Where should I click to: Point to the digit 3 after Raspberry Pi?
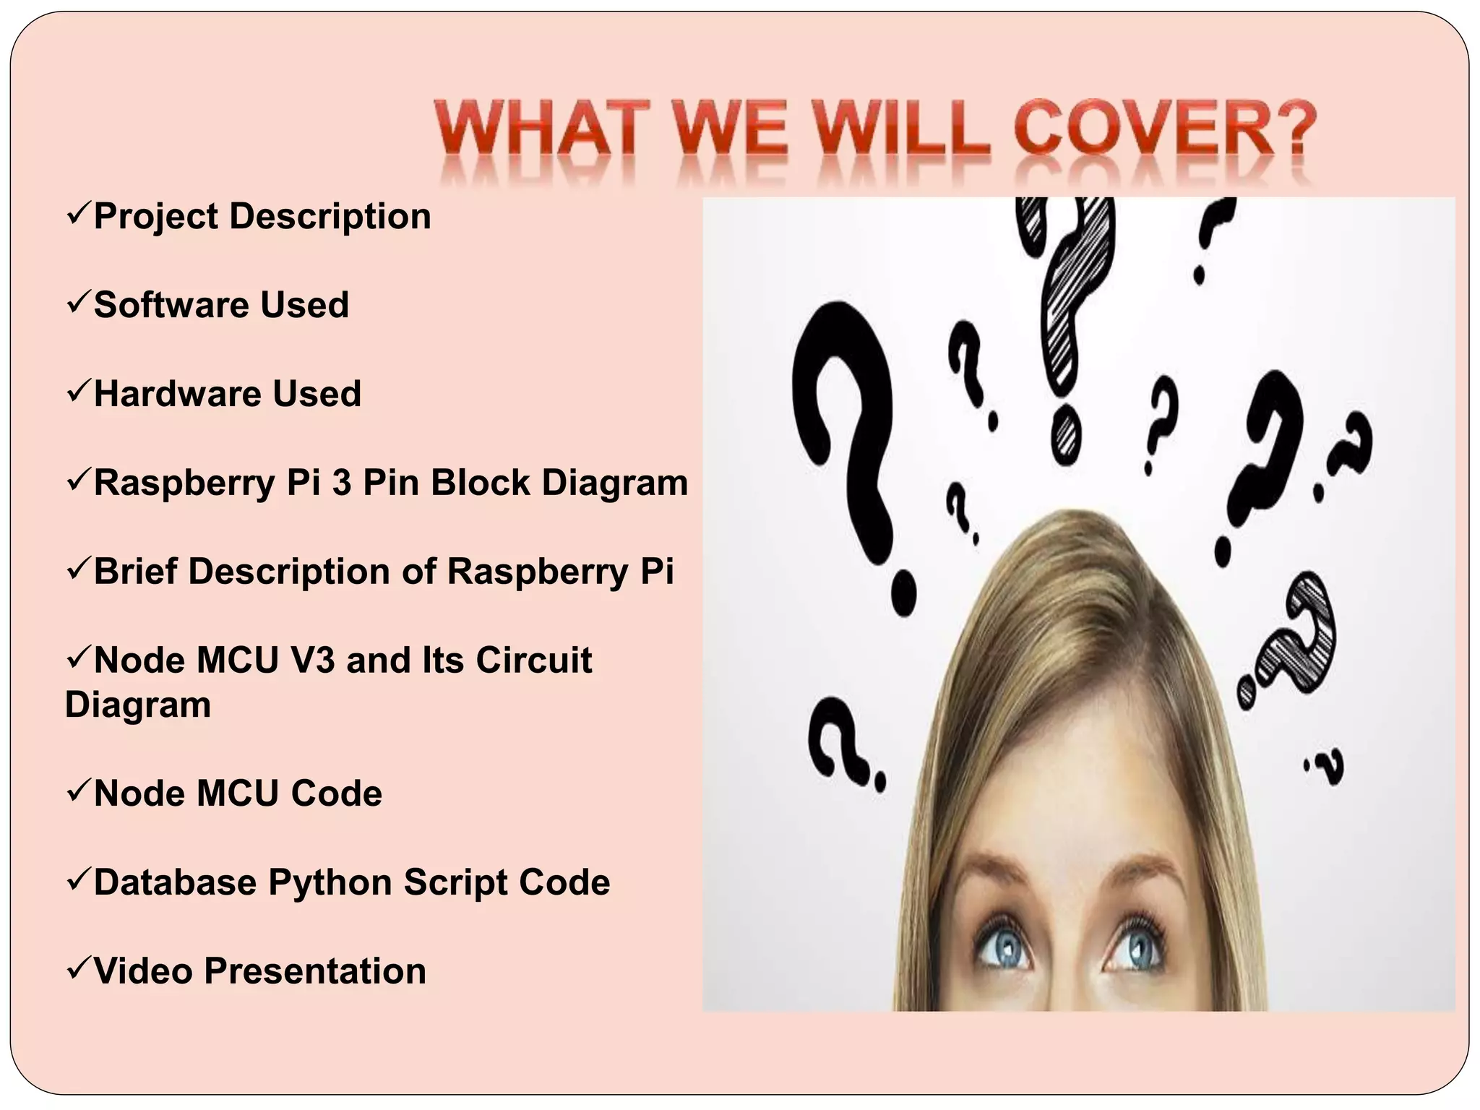pos(342,482)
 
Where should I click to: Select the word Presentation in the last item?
pos(315,971)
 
